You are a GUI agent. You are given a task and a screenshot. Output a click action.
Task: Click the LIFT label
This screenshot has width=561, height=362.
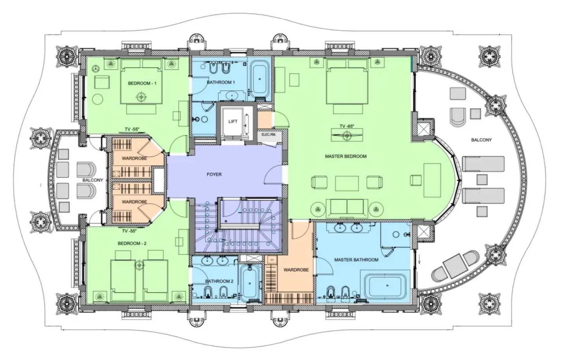tap(233, 121)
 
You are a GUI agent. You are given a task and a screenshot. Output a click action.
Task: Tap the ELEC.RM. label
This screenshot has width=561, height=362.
tap(269, 134)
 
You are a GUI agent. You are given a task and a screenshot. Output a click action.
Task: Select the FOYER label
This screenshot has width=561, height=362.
tap(214, 175)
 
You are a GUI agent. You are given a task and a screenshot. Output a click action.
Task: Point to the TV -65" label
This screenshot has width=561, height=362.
tap(347, 126)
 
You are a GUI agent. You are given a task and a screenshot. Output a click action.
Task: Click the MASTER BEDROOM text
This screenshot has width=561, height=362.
tap(345, 156)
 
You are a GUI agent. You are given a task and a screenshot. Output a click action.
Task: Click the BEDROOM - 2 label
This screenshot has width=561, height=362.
tap(132, 243)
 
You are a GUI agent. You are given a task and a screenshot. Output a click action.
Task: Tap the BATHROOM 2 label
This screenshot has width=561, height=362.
tap(219, 281)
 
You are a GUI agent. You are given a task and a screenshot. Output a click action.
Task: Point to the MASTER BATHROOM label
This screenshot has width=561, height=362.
tap(356, 260)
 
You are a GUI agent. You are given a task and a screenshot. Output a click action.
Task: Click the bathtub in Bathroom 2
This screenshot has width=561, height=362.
tap(250, 283)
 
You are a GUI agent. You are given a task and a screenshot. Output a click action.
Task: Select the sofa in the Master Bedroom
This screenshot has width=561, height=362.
tap(347, 208)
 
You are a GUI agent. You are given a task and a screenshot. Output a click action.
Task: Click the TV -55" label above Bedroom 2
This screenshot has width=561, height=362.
tap(129, 231)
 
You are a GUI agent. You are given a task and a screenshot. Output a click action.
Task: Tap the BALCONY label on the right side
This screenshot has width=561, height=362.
tap(481, 140)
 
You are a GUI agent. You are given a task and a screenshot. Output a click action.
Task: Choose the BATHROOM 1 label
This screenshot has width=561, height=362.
tap(221, 83)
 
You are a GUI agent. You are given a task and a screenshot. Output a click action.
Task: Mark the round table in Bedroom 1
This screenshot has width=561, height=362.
tap(98, 99)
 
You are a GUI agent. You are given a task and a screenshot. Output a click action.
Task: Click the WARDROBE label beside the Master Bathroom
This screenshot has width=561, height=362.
tap(296, 270)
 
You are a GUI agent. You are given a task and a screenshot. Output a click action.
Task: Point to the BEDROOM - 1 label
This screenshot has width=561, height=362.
tap(142, 83)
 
